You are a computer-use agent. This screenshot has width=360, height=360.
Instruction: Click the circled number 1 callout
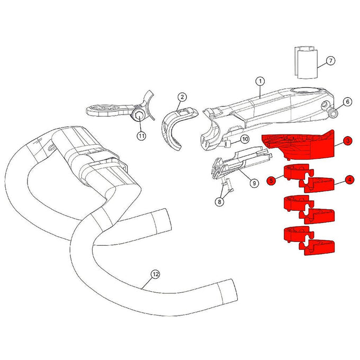(x=260, y=81)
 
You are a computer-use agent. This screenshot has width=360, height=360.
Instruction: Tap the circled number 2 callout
(x=182, y=97)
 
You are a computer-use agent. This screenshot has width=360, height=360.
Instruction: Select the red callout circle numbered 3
(x=347, y=141)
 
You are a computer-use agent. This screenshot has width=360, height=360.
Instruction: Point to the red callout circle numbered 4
(x=350, y=180)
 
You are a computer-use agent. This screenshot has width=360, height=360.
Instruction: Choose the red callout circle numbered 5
(x=271, y=181)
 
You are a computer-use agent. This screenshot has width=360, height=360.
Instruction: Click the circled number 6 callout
(x=347, y=101)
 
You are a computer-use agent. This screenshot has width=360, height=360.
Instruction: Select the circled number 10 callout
(x=245, y=139)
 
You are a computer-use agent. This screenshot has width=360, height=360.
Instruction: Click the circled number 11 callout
(x=141, y=136)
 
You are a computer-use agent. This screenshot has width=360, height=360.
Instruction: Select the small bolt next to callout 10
(x=229, y=142)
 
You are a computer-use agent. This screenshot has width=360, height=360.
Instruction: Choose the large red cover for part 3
(x=299, y=145)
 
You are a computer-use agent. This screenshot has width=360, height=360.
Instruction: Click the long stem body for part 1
(x=265, y=109)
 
